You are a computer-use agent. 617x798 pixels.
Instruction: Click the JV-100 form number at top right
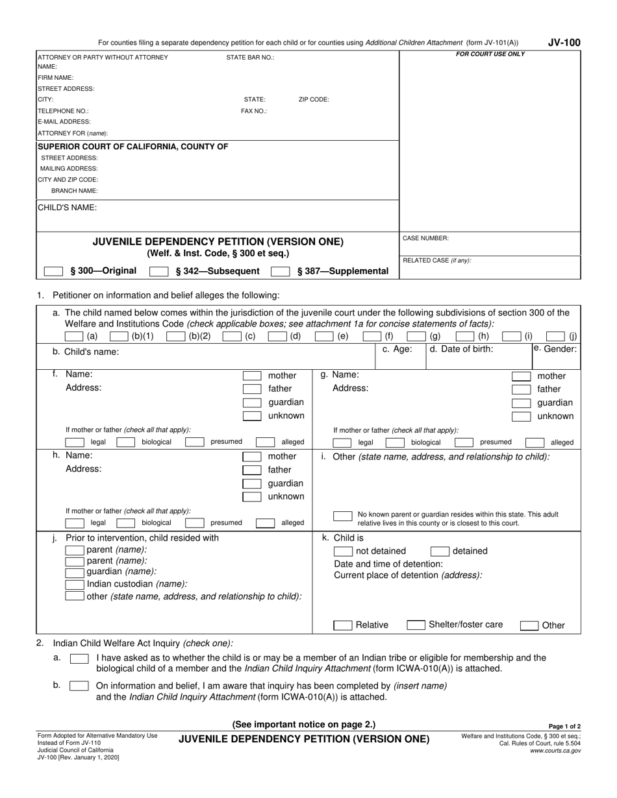pyautogui.click(x=563, y=43)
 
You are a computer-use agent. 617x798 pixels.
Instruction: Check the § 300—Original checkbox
pyautogui.click(x=53, y=271)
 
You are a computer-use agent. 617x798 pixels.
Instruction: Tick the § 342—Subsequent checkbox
pyautogui.click(x=158, y=271)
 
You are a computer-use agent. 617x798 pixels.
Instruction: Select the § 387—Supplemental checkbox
pyautogui.click(x=280, y=271)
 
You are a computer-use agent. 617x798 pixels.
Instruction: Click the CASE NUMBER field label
pyautogui.click(x=425, y=239)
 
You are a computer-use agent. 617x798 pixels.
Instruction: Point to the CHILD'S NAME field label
pyautogui.click(x=68, y=208)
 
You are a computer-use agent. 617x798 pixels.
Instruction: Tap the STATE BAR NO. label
pyautogui.click(x=250, y=57)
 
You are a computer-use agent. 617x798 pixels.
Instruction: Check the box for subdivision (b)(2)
pyautogui.click(x=175, y=336)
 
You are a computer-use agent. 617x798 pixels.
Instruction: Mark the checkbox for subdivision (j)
pyautogui.click(x=555, y=336)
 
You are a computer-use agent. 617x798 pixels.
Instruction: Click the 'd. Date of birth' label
pyautogui.click(x=461, y=349)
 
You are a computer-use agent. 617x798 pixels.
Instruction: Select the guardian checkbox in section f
pyautogui.click(x=252, y=402)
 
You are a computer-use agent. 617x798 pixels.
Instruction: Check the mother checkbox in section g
pyautogui.click(x=521, y=376)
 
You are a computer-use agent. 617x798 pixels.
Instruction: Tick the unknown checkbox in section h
pyautogui.click(x=252, y=497)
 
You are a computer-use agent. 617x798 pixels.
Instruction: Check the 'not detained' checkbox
pyautogui.click(x=343, y=551)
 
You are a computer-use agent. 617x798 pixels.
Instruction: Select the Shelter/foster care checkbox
pyautogui.click(x=416, y=625)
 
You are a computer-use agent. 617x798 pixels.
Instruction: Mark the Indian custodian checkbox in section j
pyautogui.click(x=76, y=584)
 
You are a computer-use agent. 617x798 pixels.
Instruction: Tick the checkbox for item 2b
pyautogui.click(x=79, y=686)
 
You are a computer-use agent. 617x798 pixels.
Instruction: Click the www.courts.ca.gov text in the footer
pyautogui.click(x=555, y=751)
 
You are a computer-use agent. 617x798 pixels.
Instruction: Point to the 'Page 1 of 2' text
pyautogui.click(x=564, y=727)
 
